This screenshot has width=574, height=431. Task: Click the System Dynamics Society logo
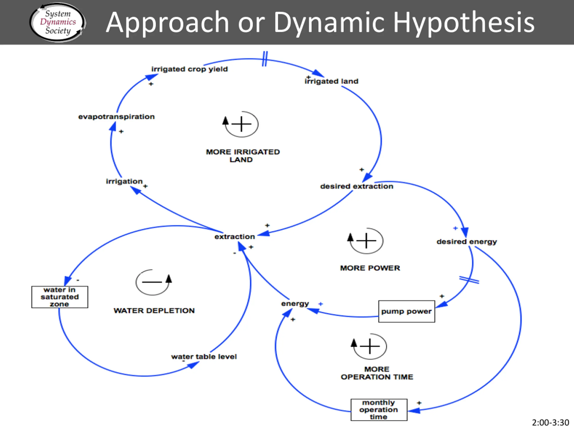(x=58, y=22)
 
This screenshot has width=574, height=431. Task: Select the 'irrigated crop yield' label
(x=189, y=69)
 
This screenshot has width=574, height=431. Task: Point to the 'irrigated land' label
(x=331, y=81)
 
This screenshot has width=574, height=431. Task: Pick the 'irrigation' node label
(x=124, y=181)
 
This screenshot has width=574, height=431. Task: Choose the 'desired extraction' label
(x=357, y=186)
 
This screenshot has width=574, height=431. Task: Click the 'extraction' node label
(x=235, y=237)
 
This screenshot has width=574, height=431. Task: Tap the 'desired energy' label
(x=467, y=242)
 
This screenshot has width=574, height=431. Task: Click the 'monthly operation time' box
(x=379, y=410)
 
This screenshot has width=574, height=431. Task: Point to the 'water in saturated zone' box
(x=60, y=297)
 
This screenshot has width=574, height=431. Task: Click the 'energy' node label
(x=295, y=303)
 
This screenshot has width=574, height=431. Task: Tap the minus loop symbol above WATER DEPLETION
(x=153, y=282)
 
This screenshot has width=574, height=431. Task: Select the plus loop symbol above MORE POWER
(x=366, y=241)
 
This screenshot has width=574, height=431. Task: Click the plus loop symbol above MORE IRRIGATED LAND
(x=241, y=124)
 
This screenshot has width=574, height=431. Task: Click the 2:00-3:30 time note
(x=550, y=423)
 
